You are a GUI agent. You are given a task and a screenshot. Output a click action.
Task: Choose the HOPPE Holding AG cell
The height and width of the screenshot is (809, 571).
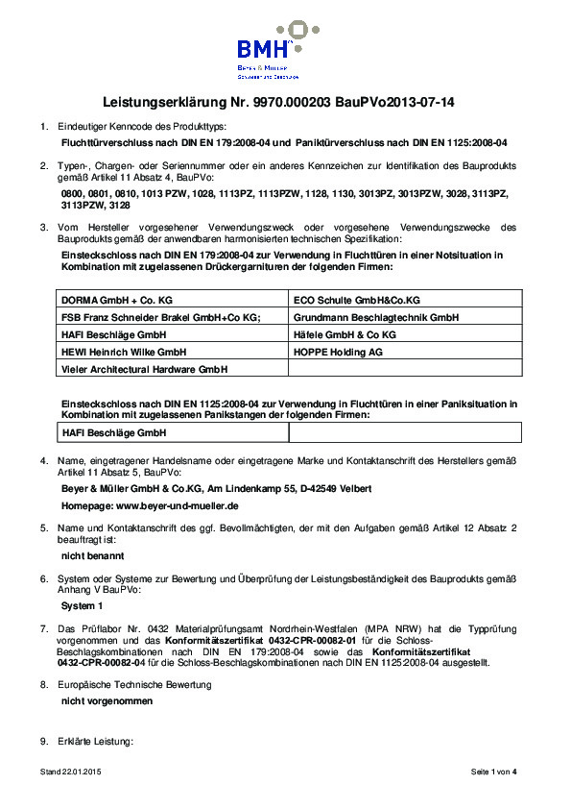point(336,351)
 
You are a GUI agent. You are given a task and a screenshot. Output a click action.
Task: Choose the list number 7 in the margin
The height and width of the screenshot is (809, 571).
point(43,627)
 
